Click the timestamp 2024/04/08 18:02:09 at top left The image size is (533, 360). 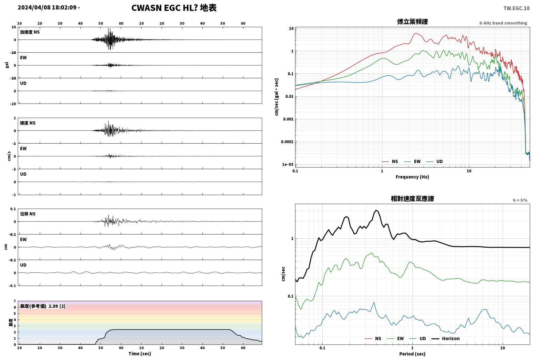[x=47, y=7]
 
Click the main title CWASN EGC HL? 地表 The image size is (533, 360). [x=174, y=8]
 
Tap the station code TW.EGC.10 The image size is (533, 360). [x=516, y=8]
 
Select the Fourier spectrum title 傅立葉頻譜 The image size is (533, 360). [x=412, y=22]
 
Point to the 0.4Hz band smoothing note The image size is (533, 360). [x=503, y=23]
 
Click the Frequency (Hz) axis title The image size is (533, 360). [x=412, y=177]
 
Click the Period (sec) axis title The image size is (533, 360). [x=412, y=354]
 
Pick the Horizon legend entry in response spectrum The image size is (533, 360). [x=446, y=339]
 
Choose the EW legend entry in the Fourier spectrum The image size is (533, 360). [x=412, y=161]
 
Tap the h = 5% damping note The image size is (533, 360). [x=520, y=200]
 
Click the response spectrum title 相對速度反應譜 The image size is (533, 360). [x=412, y=199]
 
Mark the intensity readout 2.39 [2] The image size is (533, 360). [x=57, y=306]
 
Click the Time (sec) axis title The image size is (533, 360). [x=140, y=354]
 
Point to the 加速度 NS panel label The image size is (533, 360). [x=30, y=32]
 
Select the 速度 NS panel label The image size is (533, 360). [x=27, y=123]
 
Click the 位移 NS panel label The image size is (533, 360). [x=27, y=214]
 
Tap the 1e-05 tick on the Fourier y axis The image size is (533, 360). [x=288, y=165]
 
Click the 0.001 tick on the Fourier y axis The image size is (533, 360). [x=288, y=119]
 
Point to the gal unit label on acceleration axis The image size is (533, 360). [x=7, y=65]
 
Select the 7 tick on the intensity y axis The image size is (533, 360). [x=15, y=301]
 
